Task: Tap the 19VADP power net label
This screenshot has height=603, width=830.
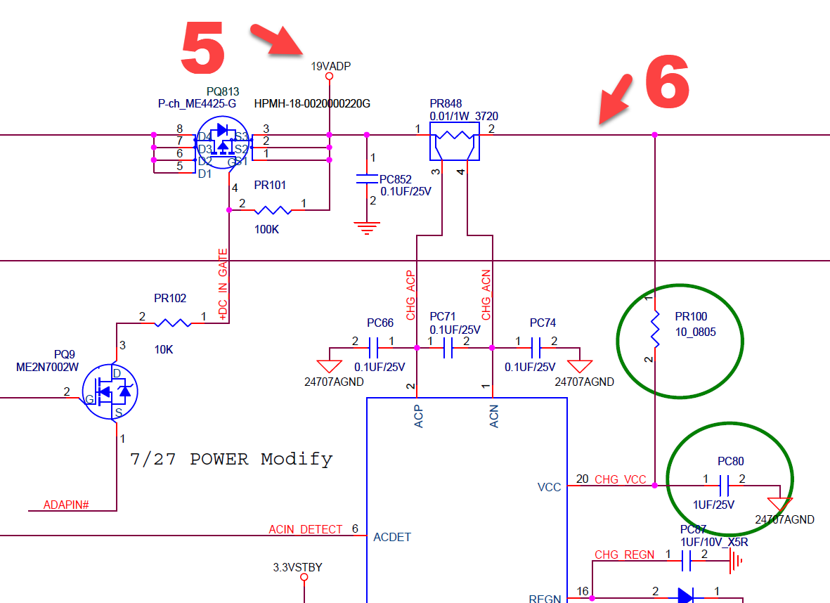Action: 330,66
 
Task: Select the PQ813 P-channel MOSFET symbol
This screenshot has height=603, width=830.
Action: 223,143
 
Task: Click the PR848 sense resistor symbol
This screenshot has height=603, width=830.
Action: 454,141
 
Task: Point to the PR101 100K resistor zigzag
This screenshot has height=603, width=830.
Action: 273,210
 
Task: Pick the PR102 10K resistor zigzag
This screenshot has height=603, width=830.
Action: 173,323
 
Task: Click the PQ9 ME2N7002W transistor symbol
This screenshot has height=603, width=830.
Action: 110,391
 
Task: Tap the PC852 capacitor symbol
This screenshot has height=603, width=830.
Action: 367,179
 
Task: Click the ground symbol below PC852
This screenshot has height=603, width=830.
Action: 367,228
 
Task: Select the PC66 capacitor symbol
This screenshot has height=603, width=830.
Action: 373,348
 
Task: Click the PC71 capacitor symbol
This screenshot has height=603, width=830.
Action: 448,348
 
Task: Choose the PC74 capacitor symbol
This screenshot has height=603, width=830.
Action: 536,348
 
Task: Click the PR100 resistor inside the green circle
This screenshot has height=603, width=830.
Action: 655,330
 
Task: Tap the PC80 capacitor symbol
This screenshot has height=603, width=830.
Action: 724,486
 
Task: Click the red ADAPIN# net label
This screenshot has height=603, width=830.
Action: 65,505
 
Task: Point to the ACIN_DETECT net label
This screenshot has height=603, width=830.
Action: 306,529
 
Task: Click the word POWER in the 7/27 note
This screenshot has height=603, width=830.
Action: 219,458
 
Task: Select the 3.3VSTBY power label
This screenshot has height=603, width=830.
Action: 297,567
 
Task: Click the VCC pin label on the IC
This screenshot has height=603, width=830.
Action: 549,487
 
